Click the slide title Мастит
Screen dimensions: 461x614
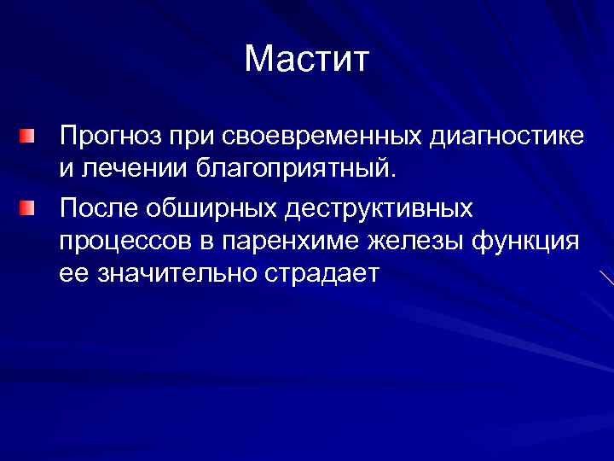(307, 61)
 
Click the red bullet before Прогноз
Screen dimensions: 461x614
(30, 136)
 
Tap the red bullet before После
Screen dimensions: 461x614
(30, 207)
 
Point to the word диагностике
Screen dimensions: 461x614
(507, 137)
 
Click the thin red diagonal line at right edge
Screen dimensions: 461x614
(606, 277)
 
